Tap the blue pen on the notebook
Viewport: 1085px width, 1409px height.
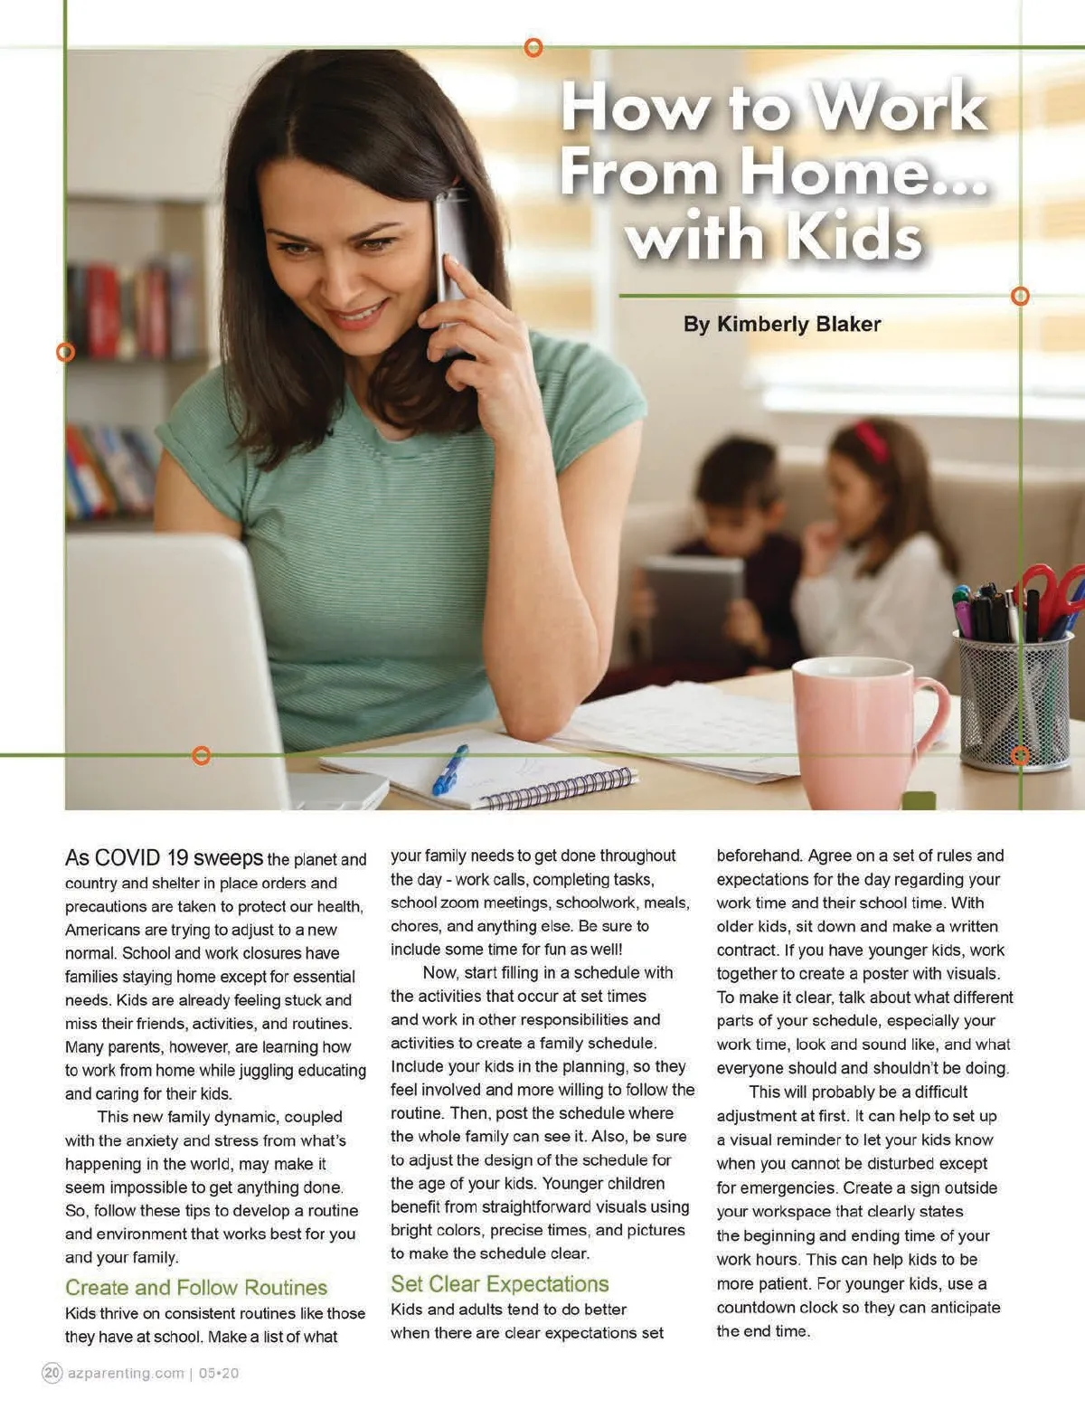[450, 770]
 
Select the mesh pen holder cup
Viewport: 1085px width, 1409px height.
[1014, 701]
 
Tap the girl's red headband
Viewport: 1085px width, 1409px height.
[872, 440]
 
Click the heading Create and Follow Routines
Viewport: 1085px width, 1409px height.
[196, 1287]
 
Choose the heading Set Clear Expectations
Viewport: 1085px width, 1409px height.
[499, 1283]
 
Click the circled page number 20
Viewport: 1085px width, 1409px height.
[52, 1373]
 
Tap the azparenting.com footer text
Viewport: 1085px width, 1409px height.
[126, 1373]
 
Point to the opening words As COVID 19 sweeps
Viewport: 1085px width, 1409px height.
[164, 857]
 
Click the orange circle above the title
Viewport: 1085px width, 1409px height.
[533, 47]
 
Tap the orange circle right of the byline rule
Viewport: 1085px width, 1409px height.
[1020, 296]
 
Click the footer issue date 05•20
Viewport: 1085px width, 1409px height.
[219, 1373]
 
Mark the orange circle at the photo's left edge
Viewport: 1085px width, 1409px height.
[65, 352]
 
